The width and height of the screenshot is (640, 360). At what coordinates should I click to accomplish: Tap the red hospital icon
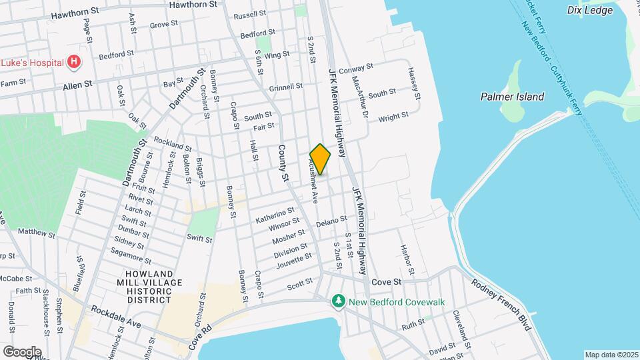point(75,63)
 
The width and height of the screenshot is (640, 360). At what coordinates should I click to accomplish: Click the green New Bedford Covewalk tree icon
point(339,302)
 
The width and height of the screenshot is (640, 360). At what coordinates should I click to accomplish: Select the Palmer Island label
point(512,97)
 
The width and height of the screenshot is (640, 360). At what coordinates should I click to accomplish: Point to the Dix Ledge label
point(589,9)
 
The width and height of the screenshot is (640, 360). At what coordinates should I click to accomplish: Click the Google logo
point(21,351)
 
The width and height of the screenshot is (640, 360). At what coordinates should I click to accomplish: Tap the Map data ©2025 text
point(611,354)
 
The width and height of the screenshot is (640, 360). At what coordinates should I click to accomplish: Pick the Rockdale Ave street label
point(117,315)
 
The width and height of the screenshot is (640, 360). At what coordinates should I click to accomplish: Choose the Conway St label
point(356,69)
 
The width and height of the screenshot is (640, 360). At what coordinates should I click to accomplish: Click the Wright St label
point(393,117)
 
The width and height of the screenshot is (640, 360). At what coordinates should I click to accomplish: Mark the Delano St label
point(331,221)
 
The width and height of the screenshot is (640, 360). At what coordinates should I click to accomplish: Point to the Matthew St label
point(37,233)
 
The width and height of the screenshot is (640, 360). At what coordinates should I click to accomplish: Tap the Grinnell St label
point(285,87)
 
